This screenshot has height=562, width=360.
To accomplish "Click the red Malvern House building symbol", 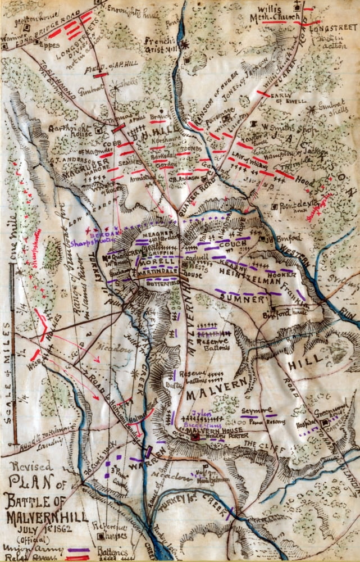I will [195, 437].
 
